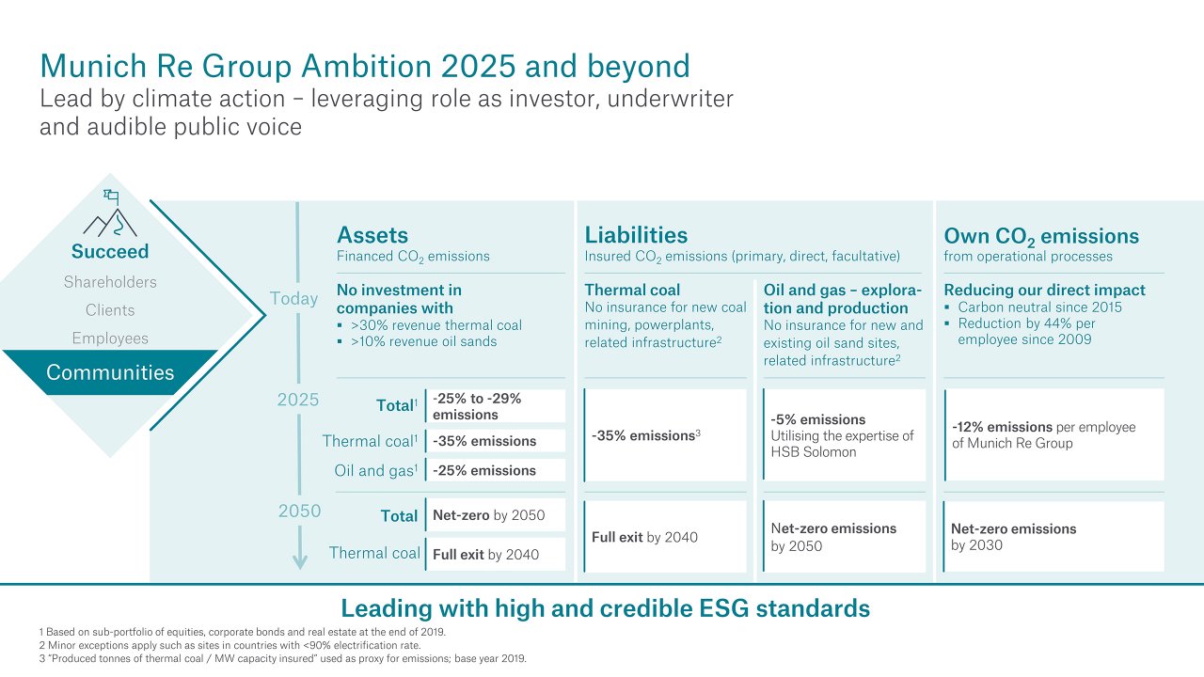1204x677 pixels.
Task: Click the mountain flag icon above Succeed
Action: pos(110,214)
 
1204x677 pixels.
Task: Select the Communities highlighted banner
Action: pos(110,372)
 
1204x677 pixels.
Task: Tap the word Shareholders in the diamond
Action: pos(110,282)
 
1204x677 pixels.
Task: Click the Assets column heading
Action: pos(372,235)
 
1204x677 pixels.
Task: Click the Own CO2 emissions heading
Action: pos(1040,236)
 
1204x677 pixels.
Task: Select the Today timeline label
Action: pos(293,299)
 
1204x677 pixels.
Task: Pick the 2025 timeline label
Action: pos(298,400)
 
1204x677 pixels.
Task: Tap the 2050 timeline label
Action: pos(299,512)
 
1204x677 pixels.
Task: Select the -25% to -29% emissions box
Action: pos(496,406)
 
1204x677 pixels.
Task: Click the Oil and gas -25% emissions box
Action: pos(496,470)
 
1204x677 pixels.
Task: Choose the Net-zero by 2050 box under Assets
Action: pos(496,515)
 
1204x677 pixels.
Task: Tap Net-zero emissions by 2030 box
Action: pos(1053,537)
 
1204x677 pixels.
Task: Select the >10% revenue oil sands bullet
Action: pos(423,341)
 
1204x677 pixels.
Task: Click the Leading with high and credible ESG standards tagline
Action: pos(605,608)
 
